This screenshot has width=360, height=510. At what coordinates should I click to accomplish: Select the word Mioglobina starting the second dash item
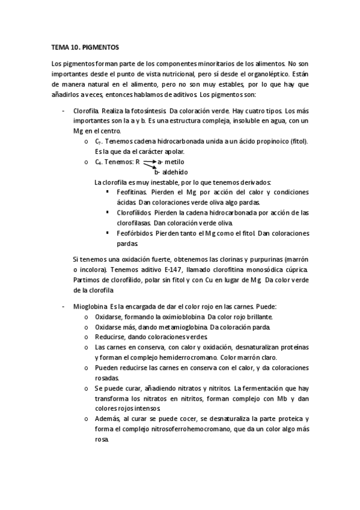89,306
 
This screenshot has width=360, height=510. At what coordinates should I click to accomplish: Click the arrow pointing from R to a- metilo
149,162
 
